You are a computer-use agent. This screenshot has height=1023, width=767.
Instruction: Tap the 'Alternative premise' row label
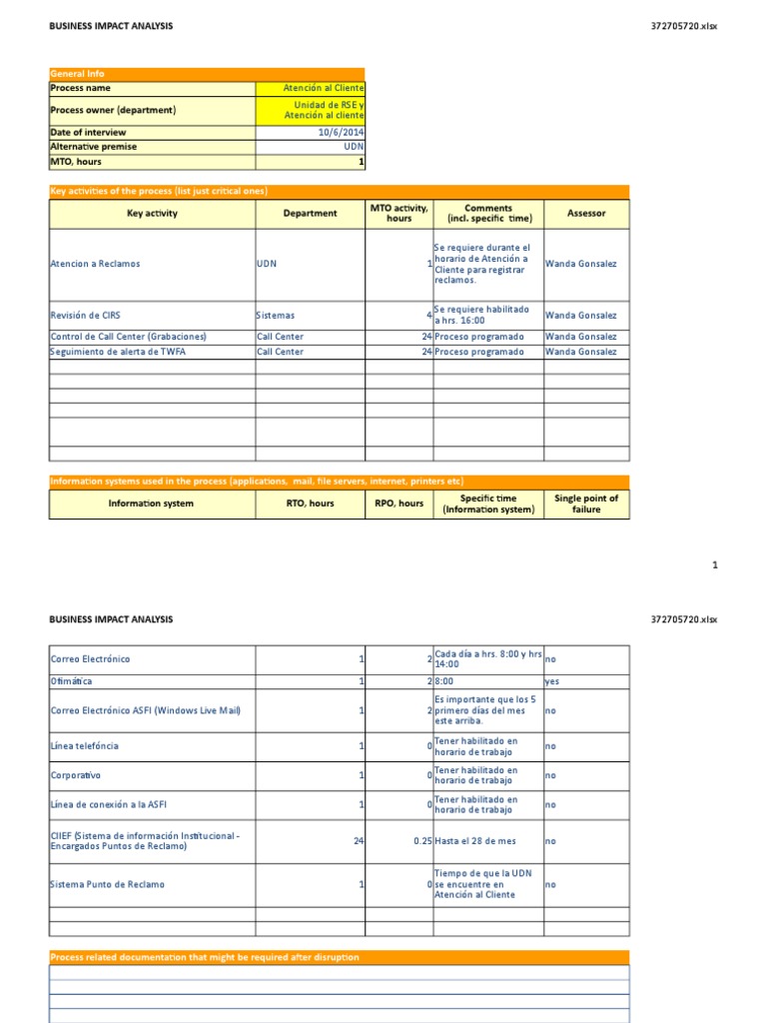[94, 146]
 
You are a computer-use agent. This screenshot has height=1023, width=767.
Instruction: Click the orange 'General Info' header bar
[207, 74]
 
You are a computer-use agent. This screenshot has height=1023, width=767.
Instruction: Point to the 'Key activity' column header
[152, 214]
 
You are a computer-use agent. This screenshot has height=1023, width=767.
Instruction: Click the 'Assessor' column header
[585, 214]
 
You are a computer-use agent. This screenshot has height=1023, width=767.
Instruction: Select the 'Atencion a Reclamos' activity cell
[96, 264]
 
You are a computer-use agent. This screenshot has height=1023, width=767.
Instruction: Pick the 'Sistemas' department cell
[277, 316]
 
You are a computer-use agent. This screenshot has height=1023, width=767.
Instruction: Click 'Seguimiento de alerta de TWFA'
[118, 352]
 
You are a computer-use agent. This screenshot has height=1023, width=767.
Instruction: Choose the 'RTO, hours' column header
[310, 504]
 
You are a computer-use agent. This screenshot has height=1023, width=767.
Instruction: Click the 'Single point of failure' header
[586, 504]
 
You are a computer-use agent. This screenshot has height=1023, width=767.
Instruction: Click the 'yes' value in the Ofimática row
[552, 680]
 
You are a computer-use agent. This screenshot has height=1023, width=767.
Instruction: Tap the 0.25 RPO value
[421, 841]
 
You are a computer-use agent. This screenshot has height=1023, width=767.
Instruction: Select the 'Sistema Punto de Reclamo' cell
[108, 884]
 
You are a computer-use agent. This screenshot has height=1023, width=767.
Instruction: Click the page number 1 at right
[714, 565]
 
